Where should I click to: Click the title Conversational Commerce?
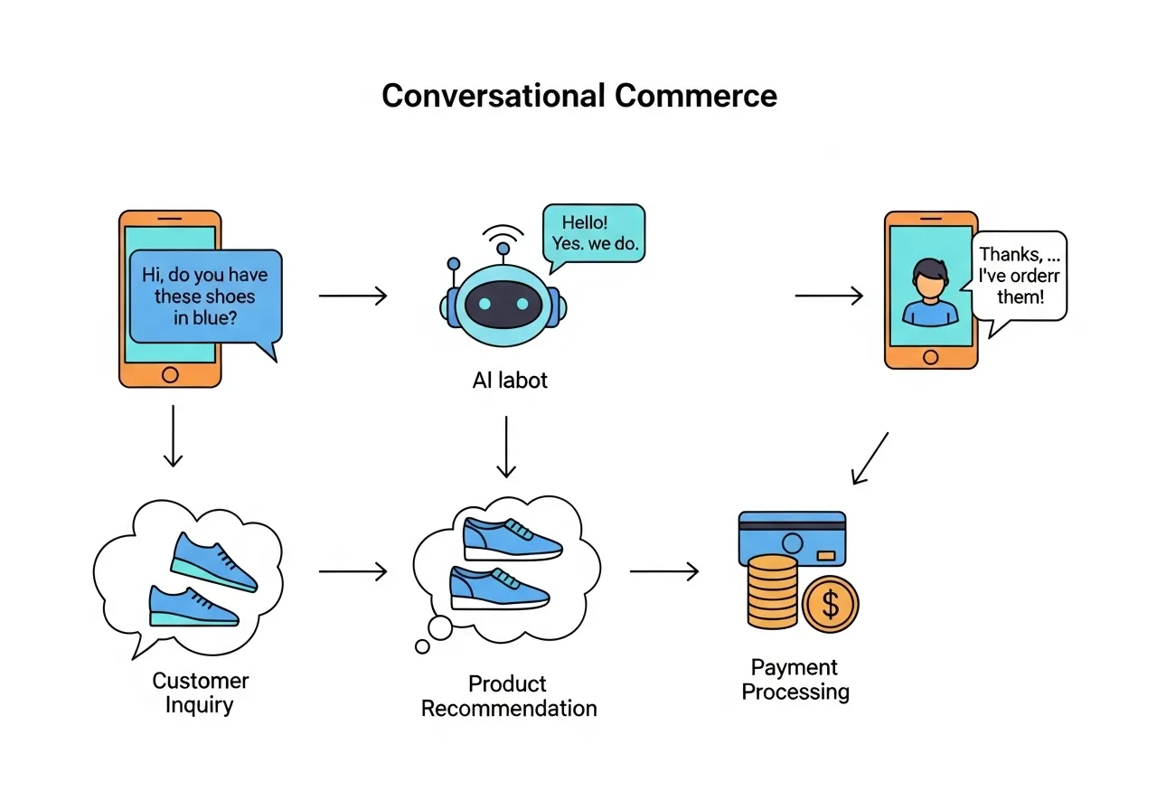(578, 96)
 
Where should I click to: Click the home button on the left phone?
(169, 374)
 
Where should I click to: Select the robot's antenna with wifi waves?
(503, 240)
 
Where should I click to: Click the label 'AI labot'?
(510, 381)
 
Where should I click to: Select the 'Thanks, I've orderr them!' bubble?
(1020, 275)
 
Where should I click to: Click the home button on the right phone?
(931, 356)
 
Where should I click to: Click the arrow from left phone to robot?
(353, 296)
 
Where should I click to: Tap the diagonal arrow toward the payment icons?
(870, 457)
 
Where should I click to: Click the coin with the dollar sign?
(830, 605)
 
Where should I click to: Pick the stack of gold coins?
(773, 592)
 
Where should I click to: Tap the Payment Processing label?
(795, 680)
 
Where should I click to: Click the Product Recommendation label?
(509, 695)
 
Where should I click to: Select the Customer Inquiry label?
(200, 692)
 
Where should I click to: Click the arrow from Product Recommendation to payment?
(663, 571)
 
